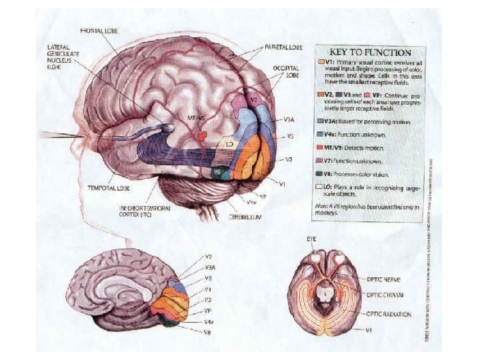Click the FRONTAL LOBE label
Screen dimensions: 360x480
(x=100, y=31)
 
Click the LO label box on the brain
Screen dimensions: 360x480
(x=229, y=144)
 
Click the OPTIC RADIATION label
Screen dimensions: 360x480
(x=388, y=313)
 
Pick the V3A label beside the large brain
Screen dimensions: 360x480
(x=289, y=121)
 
